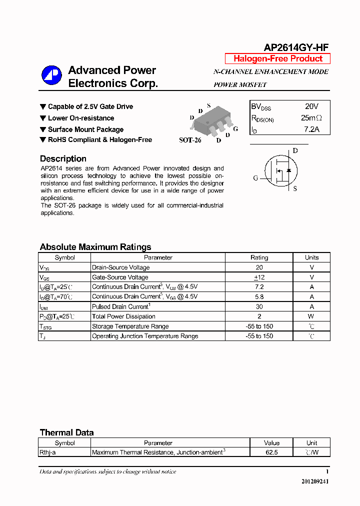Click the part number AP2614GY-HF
coord(296,47)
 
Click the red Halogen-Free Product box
coord(277,58)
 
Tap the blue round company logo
coord(51,76)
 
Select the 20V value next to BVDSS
coord(311,106)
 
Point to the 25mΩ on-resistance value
coord(311,118)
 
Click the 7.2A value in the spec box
coord(311,129)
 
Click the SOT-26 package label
coord(190,140)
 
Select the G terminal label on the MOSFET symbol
coord(255,178)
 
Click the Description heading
coord(63,159)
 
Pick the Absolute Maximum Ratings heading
coord(95,247)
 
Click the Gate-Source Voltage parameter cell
coord(120,277)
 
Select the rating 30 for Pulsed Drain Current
coord(259,306)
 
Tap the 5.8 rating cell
coord(259,296)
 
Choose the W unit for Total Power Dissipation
coord(311,316)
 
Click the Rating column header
coord(259,257)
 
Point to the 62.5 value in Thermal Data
coord(271,452)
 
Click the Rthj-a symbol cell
coord(48,452)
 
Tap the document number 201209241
coord(315,481)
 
